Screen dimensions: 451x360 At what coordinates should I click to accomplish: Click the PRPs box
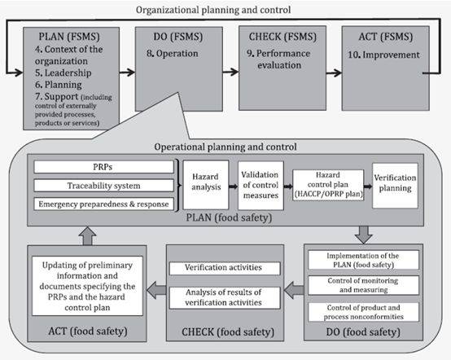pos(104,167)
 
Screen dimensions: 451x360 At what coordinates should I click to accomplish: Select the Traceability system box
pos(104,186)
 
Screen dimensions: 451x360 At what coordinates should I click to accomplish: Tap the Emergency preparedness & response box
pos(104,204)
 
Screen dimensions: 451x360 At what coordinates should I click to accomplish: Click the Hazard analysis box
pos(206,185)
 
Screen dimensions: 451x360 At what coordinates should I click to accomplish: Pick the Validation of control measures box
pos(261,186)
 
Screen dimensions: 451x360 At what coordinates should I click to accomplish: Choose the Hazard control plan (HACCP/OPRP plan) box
pos(328,185)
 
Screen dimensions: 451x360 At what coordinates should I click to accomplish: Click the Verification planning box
pos(395,186)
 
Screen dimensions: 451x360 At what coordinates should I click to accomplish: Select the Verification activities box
pos(225,268)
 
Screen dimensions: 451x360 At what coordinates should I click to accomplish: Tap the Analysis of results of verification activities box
pos(225,298)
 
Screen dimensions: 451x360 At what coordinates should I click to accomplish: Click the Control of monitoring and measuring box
pos(363,285)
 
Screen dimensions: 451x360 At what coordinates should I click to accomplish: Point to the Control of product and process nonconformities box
pos(363,312)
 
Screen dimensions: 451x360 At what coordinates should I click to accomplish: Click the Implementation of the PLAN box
pos(363,260)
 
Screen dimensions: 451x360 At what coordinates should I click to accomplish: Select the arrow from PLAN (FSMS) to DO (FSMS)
pos(127,72)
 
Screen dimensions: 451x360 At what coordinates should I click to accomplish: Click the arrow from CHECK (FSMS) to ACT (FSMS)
pos(334,72)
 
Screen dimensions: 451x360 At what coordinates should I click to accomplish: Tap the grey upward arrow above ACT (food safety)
pos(87,236)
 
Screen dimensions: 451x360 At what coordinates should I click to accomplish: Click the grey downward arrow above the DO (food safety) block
pos(364,235)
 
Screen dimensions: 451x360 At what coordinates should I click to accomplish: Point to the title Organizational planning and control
pos(213,10)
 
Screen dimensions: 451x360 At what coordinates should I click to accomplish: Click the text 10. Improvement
pos(383,55)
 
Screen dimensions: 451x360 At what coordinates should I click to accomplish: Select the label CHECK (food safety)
pos(228,332)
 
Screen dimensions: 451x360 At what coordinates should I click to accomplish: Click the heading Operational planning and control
pos(225,147)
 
